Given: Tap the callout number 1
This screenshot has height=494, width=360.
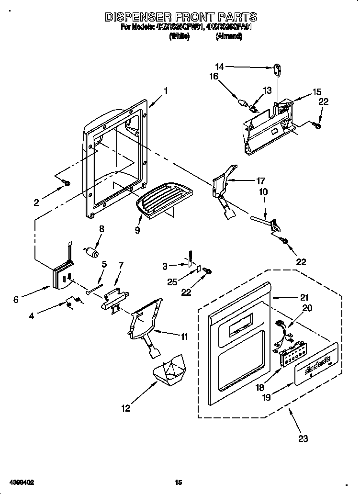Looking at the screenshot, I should pos(166,90).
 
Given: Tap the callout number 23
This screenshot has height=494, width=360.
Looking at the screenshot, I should pos(303,438).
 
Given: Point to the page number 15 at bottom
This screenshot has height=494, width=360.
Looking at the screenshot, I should pos(179,483).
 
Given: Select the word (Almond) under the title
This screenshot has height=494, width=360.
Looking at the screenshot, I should pos(229,36).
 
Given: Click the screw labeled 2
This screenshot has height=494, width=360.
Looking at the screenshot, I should pos(67,182).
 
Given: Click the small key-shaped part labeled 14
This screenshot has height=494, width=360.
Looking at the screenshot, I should pos(277,70).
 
